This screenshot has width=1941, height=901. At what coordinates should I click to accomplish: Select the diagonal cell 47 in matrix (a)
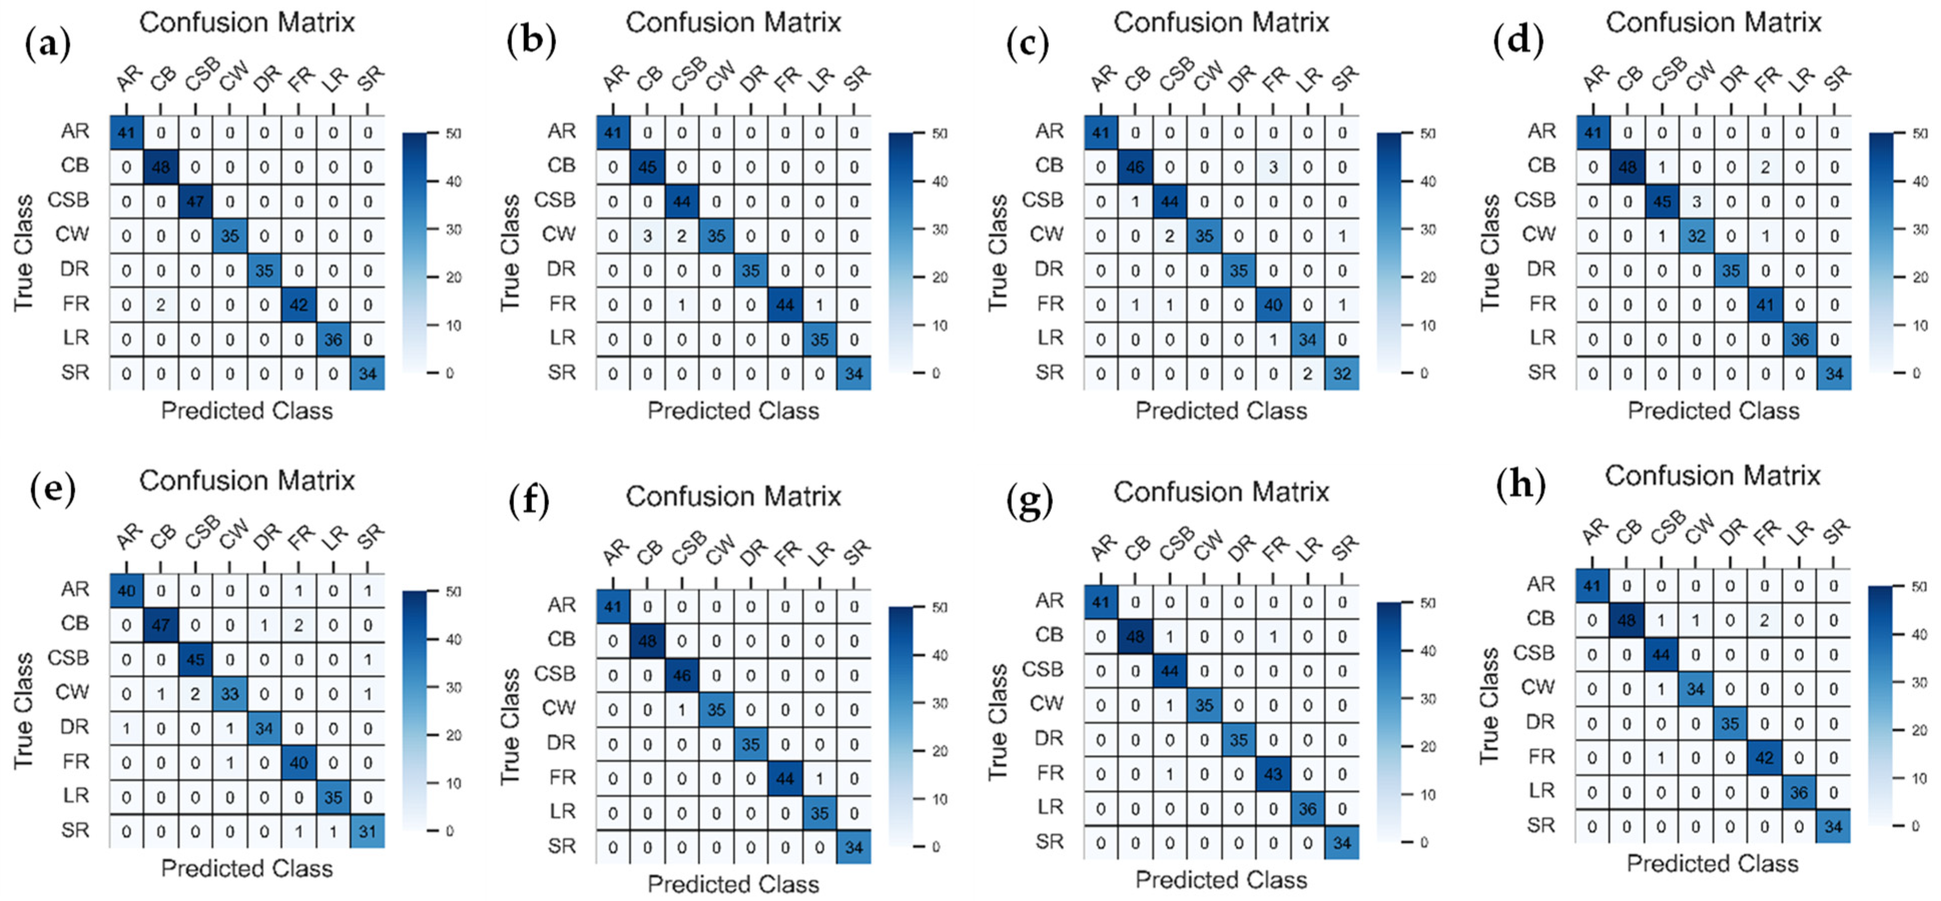[x=195, y=202]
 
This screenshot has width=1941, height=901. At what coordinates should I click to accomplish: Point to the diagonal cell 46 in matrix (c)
[x=1135, y=167]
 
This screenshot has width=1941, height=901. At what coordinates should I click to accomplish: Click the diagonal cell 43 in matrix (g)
[x=1273, y=774]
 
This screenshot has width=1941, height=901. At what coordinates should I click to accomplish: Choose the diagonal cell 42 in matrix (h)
[x=1764, y=758]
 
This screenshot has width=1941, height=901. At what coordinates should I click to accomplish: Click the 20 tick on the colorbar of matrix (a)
[x=453, y=278]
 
